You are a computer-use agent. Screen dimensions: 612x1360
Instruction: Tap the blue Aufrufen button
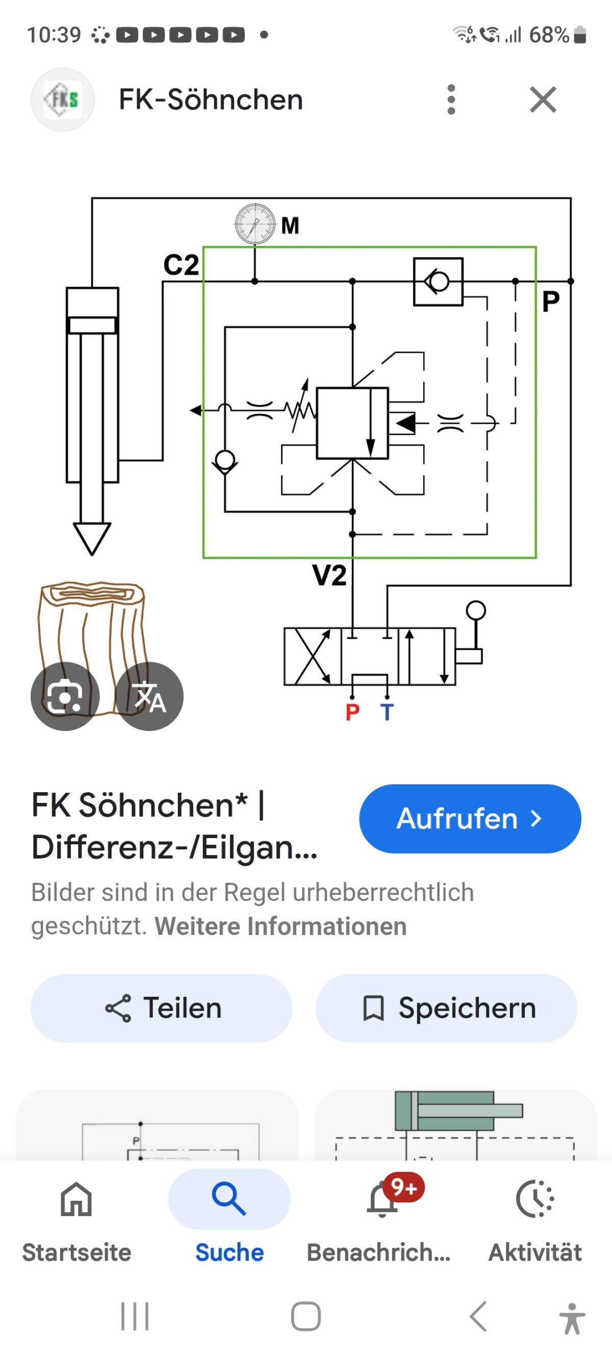470,819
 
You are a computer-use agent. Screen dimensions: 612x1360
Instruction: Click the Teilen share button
161,1008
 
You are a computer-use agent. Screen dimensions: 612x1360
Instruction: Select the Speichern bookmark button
446,1008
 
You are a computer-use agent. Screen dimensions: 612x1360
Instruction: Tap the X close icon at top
543,100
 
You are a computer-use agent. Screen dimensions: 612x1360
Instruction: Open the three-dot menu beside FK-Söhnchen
451,99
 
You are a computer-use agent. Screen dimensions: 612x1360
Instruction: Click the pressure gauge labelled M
255,224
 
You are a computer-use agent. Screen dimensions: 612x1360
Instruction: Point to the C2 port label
181,265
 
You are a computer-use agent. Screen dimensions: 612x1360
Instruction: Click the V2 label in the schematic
329,575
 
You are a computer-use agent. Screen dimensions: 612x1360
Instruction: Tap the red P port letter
353,712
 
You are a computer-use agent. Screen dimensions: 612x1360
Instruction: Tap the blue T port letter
387,712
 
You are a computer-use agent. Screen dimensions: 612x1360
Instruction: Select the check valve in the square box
438,282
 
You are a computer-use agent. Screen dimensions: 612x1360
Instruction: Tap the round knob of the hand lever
476,611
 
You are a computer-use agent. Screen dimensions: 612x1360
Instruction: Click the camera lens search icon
65,696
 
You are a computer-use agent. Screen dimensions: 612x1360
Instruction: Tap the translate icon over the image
149,696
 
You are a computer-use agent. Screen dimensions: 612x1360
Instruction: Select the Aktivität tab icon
535,1199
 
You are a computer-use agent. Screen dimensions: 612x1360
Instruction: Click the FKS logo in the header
63,99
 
